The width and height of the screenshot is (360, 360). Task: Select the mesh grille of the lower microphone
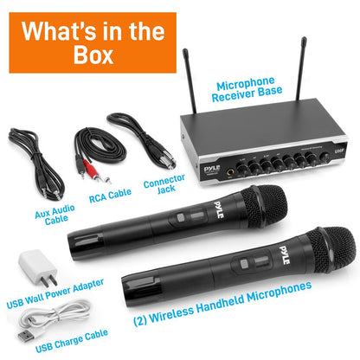(328, 250)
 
